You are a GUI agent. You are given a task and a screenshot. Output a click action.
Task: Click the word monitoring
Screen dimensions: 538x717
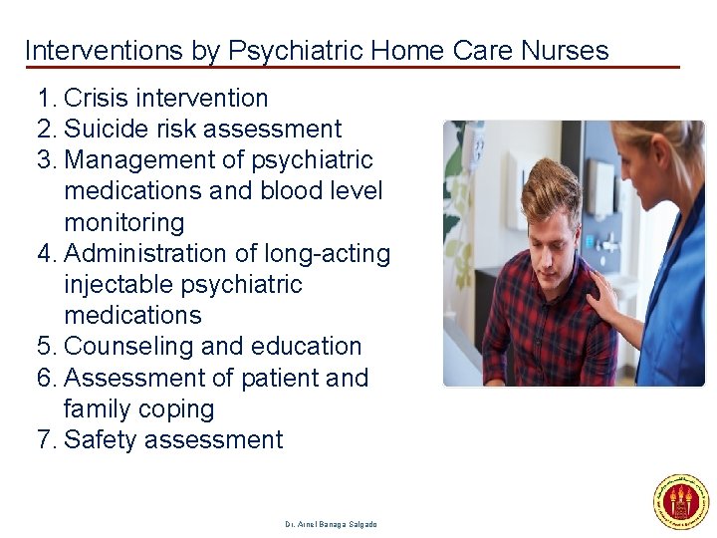coord(124,222)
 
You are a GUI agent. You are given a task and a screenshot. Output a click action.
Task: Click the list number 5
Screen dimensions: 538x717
coord(45,347)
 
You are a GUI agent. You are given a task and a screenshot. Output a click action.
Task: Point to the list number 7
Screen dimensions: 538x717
coord(45,440)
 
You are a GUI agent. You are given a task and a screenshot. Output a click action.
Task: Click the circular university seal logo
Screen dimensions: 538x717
coord(680,502)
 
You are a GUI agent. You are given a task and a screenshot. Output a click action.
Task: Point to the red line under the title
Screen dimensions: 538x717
coord(349,68)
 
